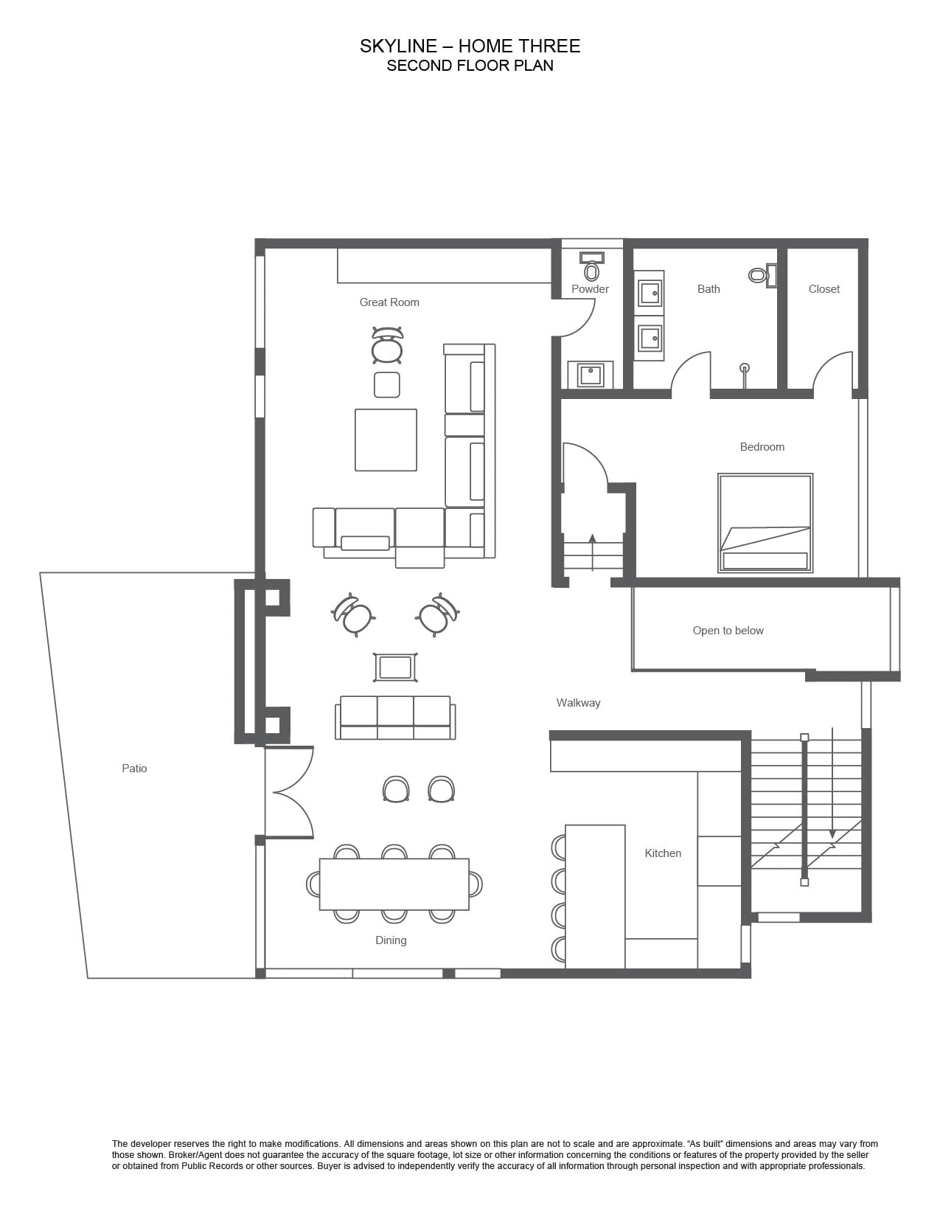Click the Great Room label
(389, 302)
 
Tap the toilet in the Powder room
(592, 267)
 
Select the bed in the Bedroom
(765, 523)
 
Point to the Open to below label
(728, 631)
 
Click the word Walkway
(578, 703)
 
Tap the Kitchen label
(663, 853)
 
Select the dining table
(394, 884)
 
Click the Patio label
(134, 769)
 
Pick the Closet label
(824, 289)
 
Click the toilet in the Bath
(762, 275)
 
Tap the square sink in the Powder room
(590, 375)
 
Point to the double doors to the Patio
(289, 792)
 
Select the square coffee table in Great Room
(386, 440)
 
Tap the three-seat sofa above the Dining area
(395, 718)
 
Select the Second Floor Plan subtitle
(470, 66)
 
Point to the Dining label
(391, 940)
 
